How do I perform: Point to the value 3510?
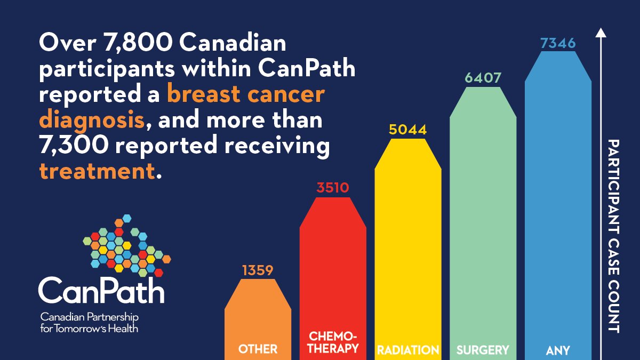pyautogui.click(x=333, y=188)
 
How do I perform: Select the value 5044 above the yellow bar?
pyautogui.click(x=408, y=130)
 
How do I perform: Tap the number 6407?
pyautogui.click(x=483, y=78)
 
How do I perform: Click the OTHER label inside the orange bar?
pyautogui.click(x=258, y=349)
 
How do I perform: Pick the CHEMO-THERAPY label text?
pyautogui.click(x=333, y=342)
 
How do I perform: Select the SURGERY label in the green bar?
pyautogui.click(x=483, y=350)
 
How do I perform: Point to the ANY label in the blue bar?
pyautogui.click(x=558, y=350)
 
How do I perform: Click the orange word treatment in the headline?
pyautogui.click(x=98, y=172)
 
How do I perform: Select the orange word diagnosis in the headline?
pyautogui.click(x=92, y=120)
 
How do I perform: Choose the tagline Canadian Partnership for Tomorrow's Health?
pyautogui.click(x=89, y=322)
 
